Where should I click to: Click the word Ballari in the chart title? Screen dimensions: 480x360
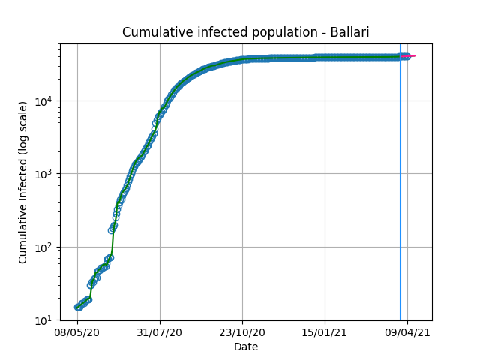(349, 32)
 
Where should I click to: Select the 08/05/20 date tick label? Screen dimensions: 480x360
(77, 332)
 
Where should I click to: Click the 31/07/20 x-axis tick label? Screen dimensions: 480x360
(160, 332)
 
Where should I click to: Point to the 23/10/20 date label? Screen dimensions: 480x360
(242, 332)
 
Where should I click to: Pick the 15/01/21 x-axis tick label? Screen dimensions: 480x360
(325, 332)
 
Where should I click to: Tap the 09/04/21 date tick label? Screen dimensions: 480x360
(407, 332)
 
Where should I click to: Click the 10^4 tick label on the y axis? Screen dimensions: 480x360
(45, 100)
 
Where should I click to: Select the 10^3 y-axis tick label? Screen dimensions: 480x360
(45, 174)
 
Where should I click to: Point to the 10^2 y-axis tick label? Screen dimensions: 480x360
(45, 247)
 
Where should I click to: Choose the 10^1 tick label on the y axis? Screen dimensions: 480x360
(45, 320)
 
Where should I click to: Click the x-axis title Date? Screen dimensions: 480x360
(246, 346)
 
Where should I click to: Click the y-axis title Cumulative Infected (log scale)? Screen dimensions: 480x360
(23, 182)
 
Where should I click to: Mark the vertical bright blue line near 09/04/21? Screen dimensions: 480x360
(400, 182)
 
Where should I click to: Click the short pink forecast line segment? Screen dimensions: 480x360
(412, 56)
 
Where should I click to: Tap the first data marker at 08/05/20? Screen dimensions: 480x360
(77, 307)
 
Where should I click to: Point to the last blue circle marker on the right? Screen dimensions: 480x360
(407, 56)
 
